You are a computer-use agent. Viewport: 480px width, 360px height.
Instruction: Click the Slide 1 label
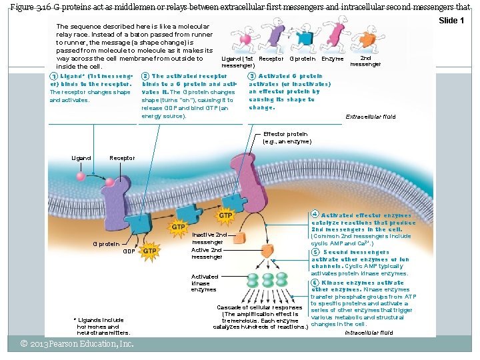[x=451, y=21]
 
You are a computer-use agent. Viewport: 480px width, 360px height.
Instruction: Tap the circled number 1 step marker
[x=53, y=76]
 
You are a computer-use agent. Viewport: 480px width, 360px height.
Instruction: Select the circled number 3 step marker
[x=251, y=76]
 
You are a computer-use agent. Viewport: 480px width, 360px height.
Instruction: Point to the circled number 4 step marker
[x=314, y=215]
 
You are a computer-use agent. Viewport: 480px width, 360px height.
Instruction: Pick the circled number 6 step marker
[x=314, y=283]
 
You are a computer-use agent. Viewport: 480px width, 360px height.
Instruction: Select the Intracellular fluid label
[x=369, y=332]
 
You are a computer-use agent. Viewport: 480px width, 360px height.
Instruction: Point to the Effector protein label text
[x=287, y=138]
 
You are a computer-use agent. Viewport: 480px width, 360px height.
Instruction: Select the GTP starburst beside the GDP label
[x=151, y=251]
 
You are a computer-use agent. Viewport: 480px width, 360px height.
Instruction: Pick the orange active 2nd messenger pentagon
[x=267, y=251]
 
